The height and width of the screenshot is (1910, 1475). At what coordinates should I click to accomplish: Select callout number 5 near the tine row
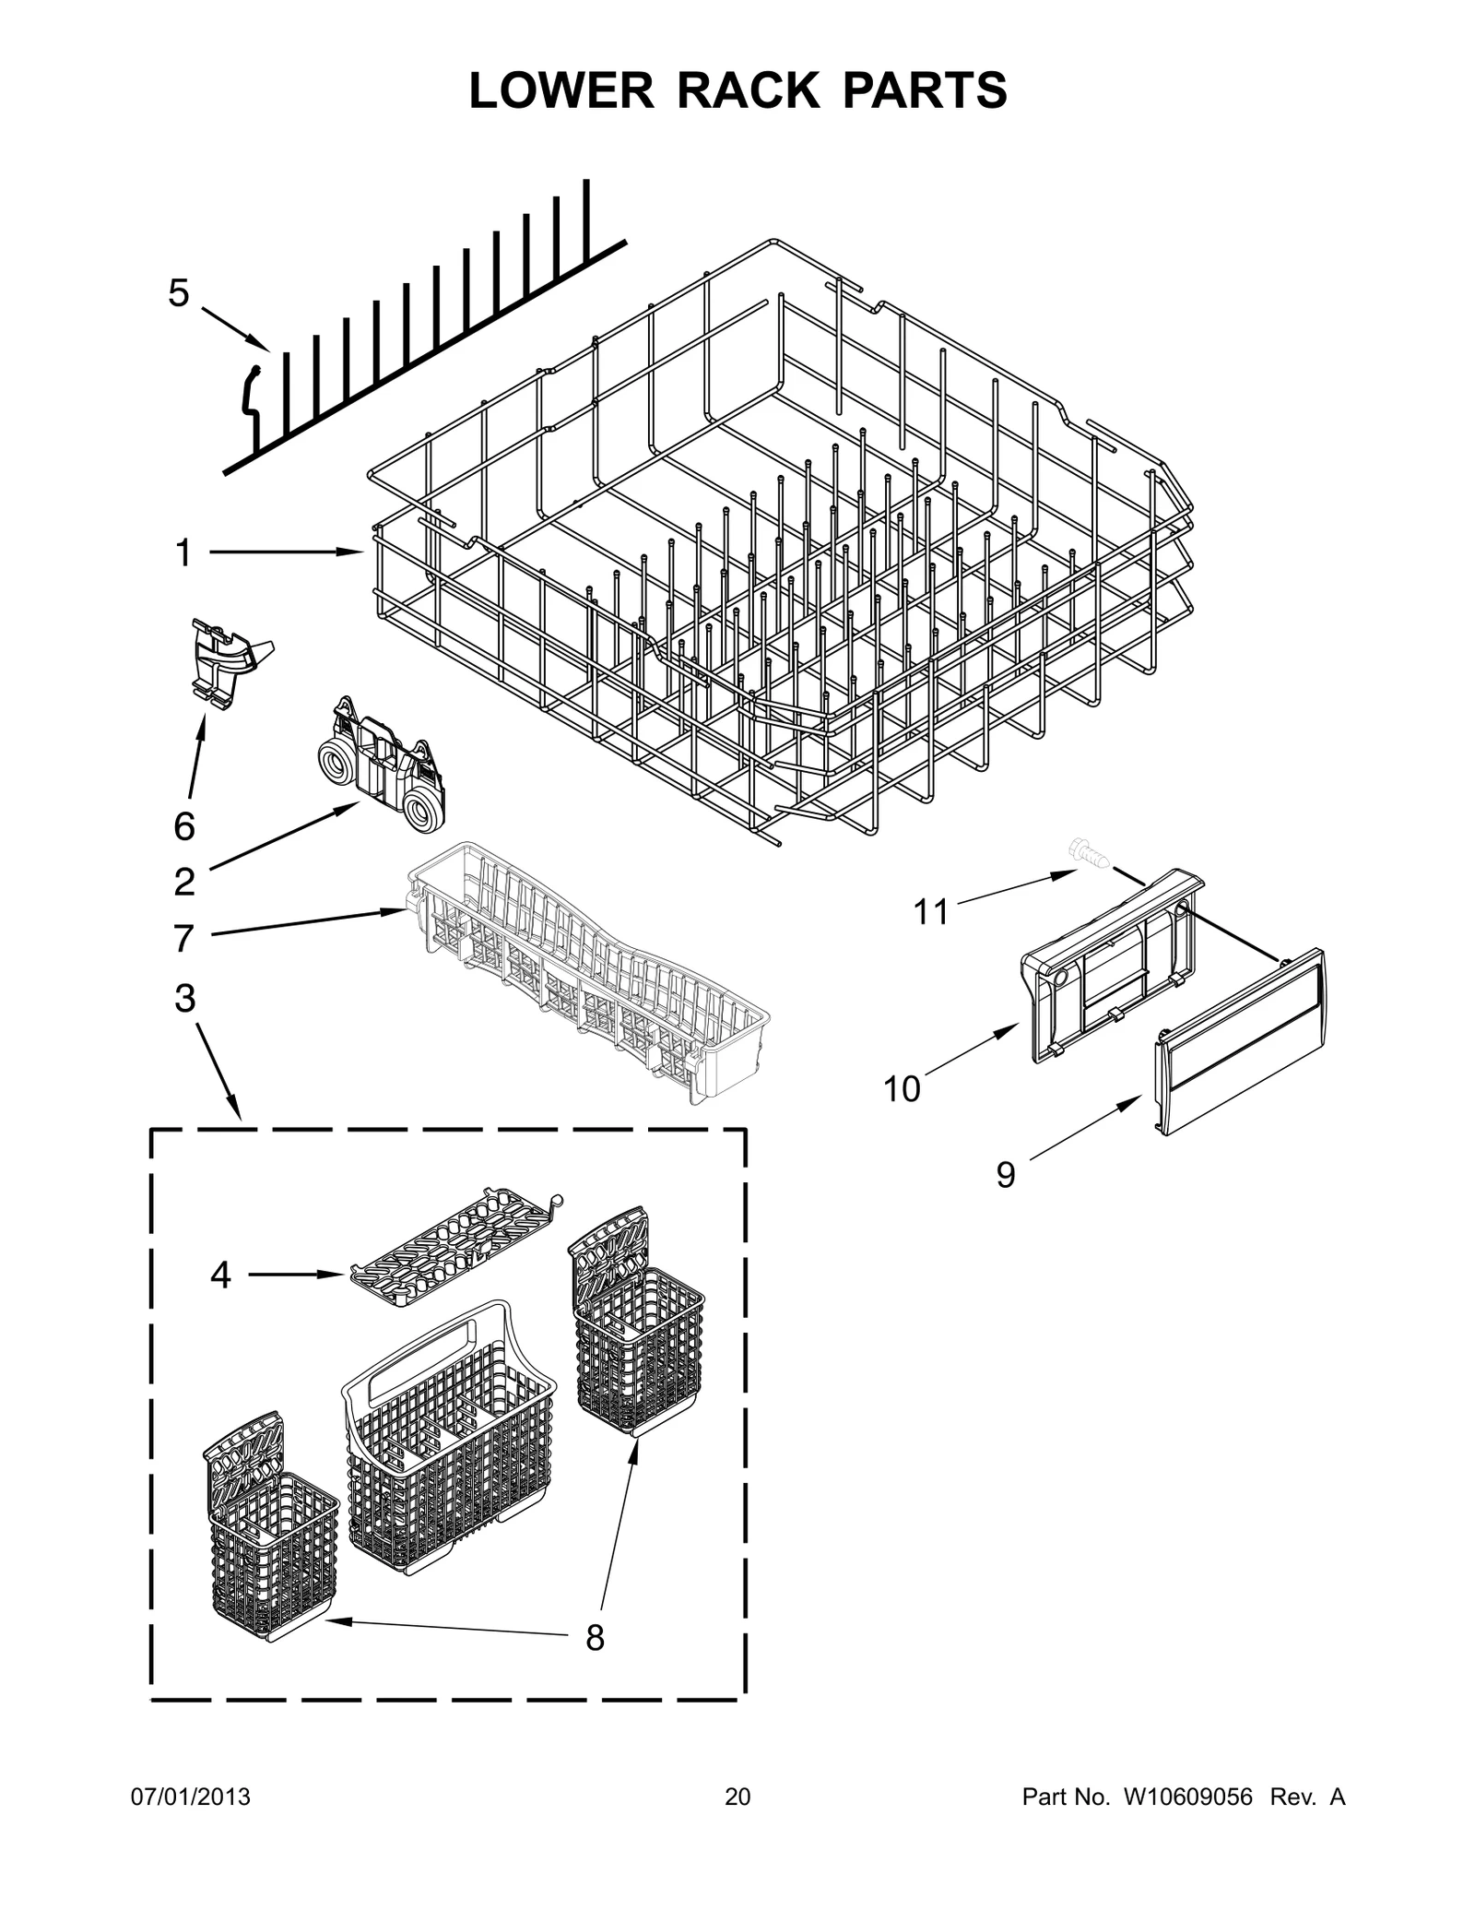tap(178, 294)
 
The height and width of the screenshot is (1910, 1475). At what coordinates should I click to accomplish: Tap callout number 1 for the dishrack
tap(183, 553)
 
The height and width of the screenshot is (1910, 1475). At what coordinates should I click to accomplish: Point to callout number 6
tap(184, 826)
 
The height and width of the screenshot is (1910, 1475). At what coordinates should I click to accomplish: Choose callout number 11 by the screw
tap(930, 912)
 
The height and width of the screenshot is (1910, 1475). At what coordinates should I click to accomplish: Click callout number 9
tap(1006, 1175)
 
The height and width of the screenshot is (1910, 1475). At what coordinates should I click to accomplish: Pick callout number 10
tap(902, 1089)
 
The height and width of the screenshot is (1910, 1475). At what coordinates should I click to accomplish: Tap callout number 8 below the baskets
tap(595, 1639)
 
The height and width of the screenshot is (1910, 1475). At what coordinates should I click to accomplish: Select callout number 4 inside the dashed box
tap(220, 1275)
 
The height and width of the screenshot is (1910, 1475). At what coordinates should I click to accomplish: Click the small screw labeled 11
tap(1088, 853)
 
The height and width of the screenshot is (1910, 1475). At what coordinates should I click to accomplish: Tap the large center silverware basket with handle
tap(449, 1457)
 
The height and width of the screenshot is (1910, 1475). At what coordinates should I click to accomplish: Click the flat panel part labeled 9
tap(1240, 1042)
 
